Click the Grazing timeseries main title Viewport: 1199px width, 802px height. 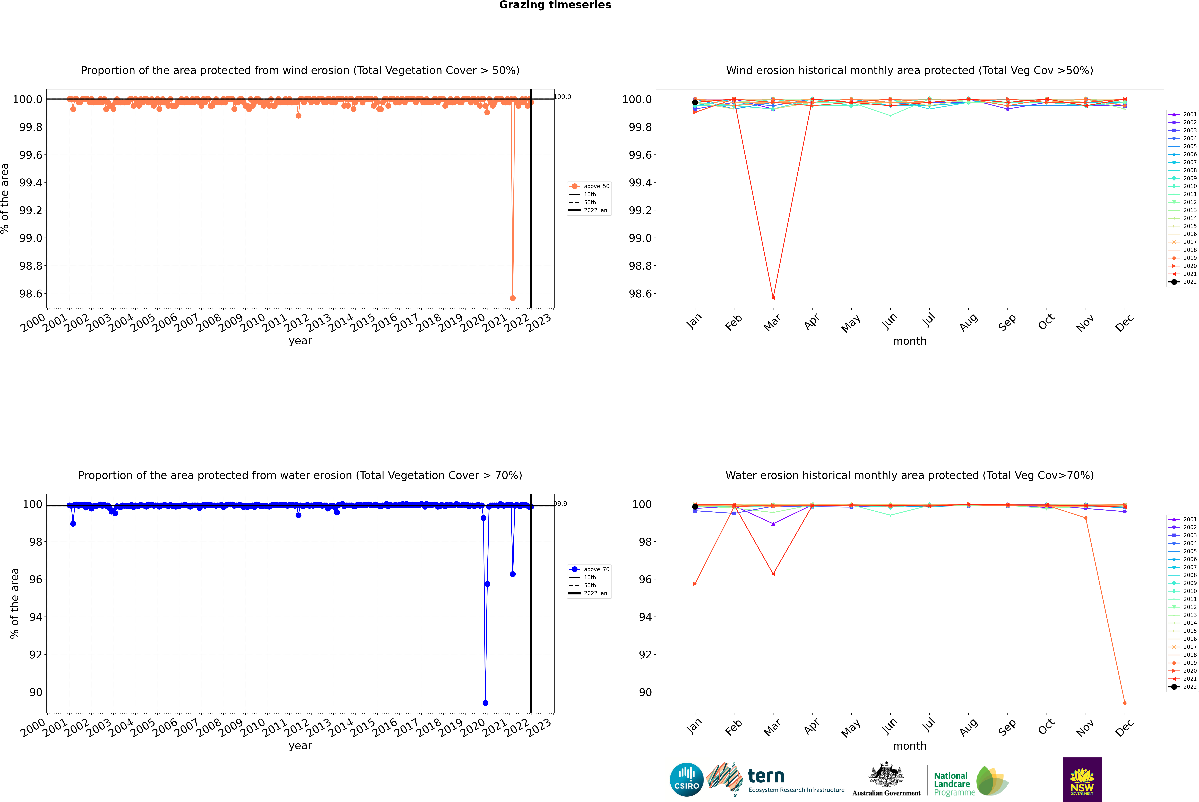(555, 5)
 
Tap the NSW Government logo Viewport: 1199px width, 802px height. (1082, 780)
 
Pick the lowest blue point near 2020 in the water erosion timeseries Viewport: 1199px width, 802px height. (485, 703)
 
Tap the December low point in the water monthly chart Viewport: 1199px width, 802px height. (1124, 703)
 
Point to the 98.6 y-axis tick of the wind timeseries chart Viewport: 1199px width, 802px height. (31, 294)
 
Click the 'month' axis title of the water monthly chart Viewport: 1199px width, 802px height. (909, 746)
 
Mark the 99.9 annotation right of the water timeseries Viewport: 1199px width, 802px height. (560, 504)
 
